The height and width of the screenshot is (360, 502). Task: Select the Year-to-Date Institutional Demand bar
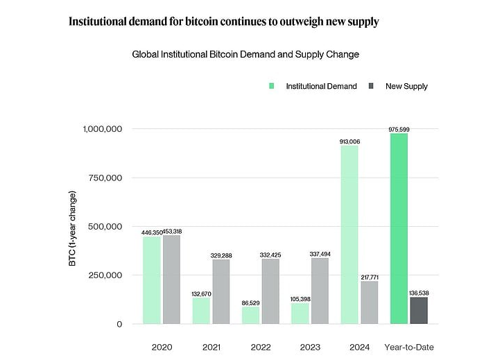399,229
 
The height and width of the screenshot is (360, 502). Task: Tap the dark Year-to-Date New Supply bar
419,310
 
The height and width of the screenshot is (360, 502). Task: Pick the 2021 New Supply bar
221,291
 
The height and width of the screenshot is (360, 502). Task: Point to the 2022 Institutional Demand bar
250,315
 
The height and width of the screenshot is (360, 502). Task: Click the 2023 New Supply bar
320,291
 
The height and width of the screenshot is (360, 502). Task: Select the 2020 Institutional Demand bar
152,280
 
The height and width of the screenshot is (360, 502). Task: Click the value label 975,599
399,129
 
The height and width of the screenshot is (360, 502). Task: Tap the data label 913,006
349,142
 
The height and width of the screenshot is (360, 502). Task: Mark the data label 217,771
369,277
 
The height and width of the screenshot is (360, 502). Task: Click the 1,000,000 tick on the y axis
103,129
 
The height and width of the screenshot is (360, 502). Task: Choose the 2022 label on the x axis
260,346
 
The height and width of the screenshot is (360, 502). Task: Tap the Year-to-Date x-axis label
408,346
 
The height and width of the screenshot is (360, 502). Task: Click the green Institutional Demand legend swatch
272,87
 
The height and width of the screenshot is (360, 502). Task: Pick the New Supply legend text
406,87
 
